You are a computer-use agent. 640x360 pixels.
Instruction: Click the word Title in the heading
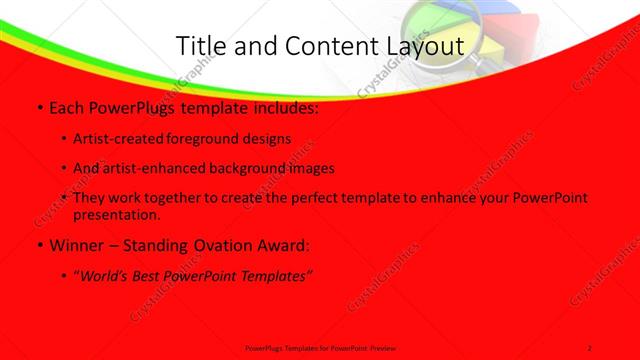coord(200,46)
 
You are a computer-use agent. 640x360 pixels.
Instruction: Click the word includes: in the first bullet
coord(286,107)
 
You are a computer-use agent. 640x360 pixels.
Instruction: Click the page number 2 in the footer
coord(590,347)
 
